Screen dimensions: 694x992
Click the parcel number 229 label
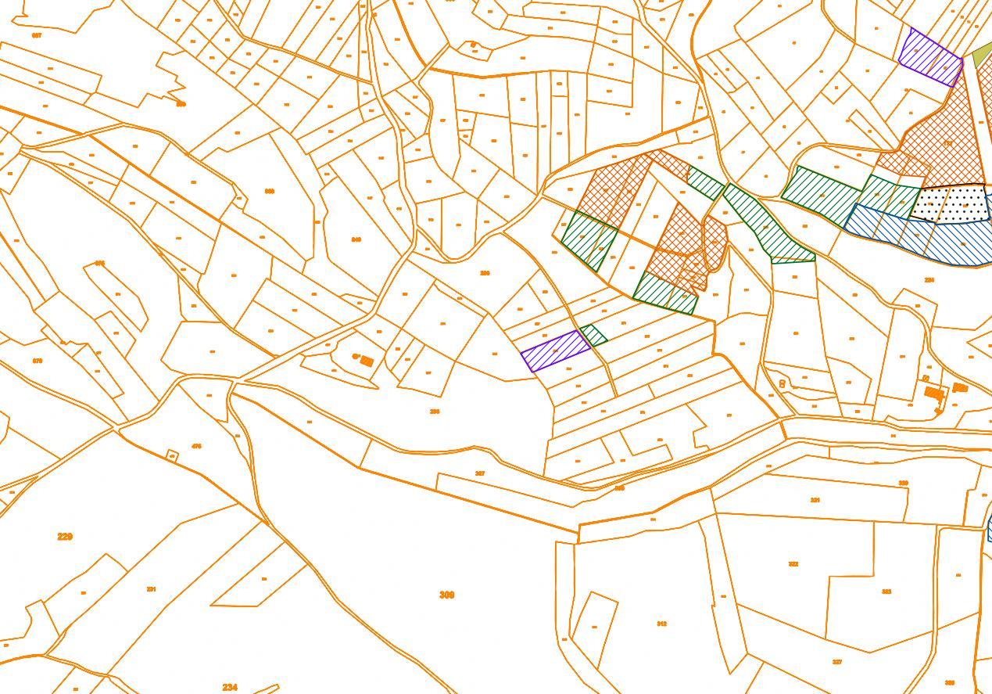(65, 537)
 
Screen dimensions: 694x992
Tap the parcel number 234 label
(229, 687)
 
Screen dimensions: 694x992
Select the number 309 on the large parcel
(446, 595)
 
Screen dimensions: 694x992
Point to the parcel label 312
(661, 624)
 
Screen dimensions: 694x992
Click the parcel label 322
(793, 564)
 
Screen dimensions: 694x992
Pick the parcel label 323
(886, 592)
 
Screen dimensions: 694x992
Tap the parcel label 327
(837, 662)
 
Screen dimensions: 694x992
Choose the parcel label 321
(815, 500)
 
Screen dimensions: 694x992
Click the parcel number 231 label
(152, 589)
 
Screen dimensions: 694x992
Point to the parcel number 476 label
(196, 447)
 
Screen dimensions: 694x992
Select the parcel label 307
(480, 473)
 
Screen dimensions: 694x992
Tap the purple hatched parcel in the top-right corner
(930, 57)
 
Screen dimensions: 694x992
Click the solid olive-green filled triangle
(982, 55)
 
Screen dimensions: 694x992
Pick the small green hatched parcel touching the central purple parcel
(593, 335)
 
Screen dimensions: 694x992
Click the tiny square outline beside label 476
(173, 455)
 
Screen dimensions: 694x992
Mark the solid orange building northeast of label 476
(367, 361)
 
